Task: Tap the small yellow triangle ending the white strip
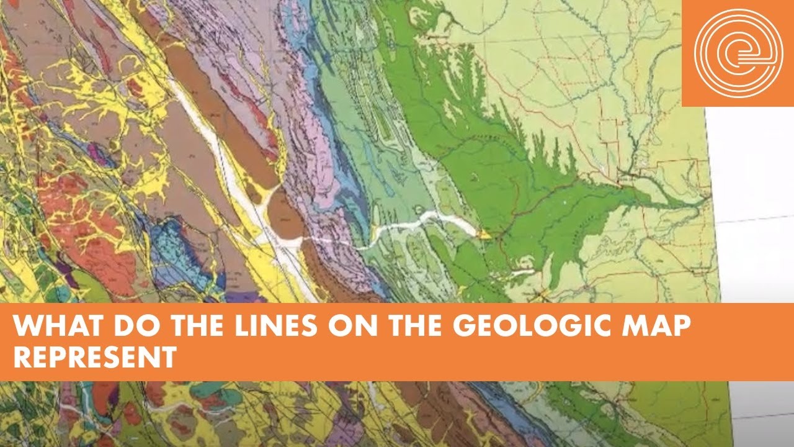coord(483,235)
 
